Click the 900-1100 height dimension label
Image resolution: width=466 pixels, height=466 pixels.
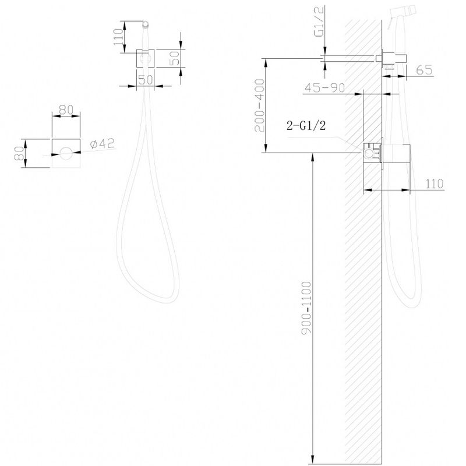(x=306, y=308)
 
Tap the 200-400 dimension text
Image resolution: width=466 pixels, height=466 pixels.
(x=259, y=105)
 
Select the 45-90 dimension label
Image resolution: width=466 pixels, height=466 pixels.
(x=324, y=87)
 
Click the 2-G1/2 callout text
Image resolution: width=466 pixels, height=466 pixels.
(x=306, y=125)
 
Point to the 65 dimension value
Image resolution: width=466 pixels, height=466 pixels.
(x=424, y=70)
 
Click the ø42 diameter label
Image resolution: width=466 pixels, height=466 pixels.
(x=103, y=144)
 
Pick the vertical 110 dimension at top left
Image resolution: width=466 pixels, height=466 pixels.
(x=118, y=37)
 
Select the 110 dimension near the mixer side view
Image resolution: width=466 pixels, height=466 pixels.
(x=435, y=183)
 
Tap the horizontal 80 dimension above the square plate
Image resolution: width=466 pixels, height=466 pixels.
(x=66, y=110)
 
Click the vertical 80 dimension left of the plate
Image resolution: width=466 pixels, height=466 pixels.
(x=19, y=153)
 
